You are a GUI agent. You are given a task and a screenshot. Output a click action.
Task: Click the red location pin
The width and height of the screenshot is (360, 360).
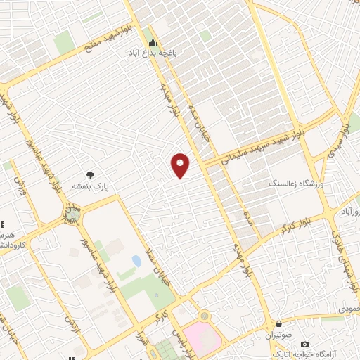(x=181, y=165)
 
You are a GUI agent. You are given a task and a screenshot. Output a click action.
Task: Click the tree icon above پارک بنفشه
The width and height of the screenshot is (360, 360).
(x=90, y=176)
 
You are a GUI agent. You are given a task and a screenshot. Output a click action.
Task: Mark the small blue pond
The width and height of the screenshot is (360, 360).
(x=136, y=262)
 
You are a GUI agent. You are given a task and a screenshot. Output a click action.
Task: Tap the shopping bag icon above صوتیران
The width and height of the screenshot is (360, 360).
(x=280, y=324)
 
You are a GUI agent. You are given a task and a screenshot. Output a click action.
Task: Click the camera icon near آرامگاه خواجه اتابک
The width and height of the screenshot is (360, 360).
(x=304, y=345)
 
